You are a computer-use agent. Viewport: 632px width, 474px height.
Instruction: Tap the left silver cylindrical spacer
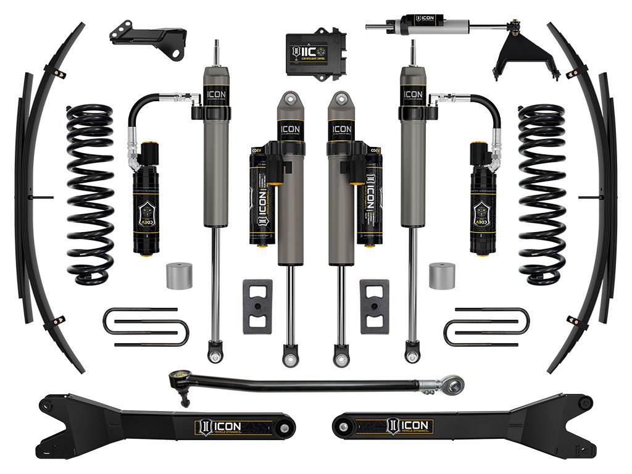click(x=179, y=276)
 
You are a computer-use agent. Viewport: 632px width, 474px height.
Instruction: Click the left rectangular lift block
click(x=257, y=306)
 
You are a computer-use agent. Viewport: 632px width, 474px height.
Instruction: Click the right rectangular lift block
click(x=374, y=306)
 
